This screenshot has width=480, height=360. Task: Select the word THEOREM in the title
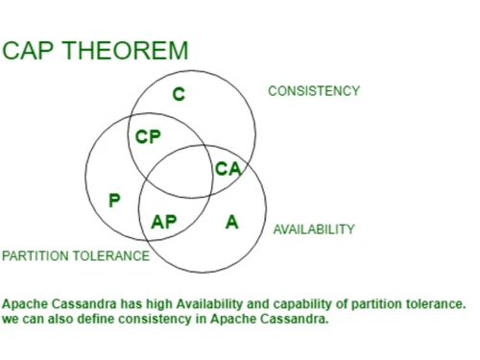click(x=125, y=51)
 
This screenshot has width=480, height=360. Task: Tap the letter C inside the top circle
click(x=179, y=93)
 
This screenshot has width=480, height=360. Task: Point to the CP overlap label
click(x=148, y=137)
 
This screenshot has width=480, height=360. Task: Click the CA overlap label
click(x=228, y=169)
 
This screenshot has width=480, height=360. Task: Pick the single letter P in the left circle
click(x=114, y=201)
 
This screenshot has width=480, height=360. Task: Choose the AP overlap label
click(x=164, y=222)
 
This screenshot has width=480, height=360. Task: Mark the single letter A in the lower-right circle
click(x=231, y=222)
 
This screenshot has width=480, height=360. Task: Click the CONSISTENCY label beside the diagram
click(x=313, y=91)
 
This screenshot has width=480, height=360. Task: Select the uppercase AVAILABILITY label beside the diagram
click(x=314, y=230)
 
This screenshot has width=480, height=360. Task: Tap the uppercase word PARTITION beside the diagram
click(x=36, y=256)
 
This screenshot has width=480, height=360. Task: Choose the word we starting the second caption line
click(x=10, y=320)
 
